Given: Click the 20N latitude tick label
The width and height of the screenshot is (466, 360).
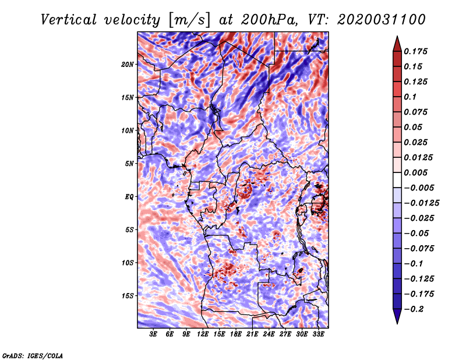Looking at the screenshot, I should (x=128, y=64).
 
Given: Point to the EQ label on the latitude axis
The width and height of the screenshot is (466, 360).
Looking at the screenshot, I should (x=129, y=197).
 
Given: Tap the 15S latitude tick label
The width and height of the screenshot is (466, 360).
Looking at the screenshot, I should (x=128, y=296).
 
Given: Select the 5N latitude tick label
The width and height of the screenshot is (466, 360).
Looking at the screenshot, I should (x=129, y=164).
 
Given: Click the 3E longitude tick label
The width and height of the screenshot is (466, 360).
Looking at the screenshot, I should (x=154, y=334).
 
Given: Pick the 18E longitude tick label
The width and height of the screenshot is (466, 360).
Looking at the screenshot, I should (x=236, y=334).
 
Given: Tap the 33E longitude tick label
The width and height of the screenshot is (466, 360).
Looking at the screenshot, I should (x=318, y=334).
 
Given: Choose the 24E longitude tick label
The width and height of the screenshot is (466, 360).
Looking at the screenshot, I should (x=269, y=334).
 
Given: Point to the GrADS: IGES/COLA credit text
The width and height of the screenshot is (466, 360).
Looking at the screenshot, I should (x=33, y=355).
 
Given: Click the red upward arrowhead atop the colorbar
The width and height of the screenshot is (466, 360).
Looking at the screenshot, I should (x=397, y=42).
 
